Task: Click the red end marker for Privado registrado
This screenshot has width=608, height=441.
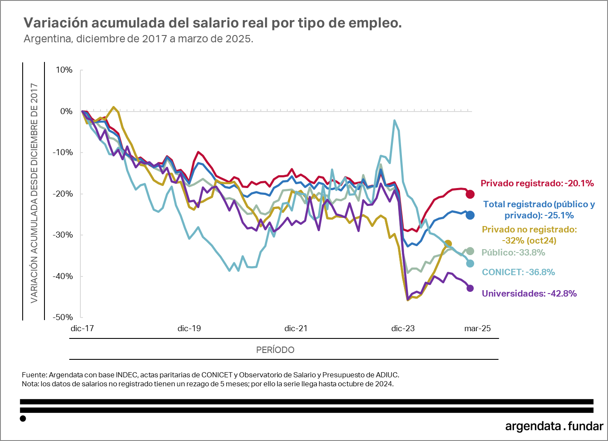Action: click(x=470, y=194)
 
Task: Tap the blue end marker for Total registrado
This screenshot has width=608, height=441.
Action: click(x=470, y=215)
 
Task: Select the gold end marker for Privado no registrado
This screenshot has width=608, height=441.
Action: click(x=448, y=244)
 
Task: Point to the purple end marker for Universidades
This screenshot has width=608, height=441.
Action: click(x=470, y=288)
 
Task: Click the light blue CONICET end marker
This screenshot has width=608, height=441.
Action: click(x=470, y=264)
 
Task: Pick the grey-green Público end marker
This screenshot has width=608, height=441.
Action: click(x=470, y=251)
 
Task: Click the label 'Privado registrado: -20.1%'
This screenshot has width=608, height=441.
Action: click(x=537, y=183)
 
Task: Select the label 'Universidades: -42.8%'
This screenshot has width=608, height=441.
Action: click(x=529, y=294)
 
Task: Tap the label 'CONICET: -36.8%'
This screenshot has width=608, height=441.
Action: click(x=518, y=272)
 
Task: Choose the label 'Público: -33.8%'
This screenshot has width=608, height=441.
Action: click(x=513, y=253)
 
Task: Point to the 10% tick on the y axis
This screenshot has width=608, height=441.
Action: click(x=64, y=70)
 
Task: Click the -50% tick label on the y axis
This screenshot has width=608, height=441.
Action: click(x=63, y=317)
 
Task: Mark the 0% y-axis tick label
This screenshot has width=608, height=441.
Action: click(x=66, y=112)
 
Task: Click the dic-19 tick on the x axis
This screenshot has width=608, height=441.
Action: click(x=189, y=329)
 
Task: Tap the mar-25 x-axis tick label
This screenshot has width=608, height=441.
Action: click(x=478, y=329)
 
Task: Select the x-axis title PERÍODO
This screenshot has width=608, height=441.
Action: click(x=275, y=350)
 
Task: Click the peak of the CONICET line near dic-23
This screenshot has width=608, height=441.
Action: click(x=394, y=121)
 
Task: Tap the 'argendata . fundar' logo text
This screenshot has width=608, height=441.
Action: click(x=554, y=426)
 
